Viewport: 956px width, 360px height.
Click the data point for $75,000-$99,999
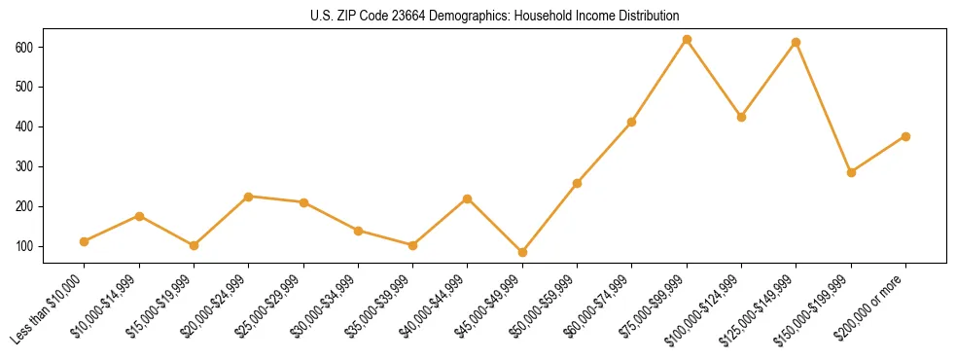pyautogui.click(x=687, y=40)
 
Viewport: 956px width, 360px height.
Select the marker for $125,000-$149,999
pyautogui.click(x=797, y=43)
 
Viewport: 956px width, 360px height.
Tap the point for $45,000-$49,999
pyautogui.click(x=522, y=252)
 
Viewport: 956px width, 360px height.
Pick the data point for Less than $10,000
pyautogui.click(x=85, y=241)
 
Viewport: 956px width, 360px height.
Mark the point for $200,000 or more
pyautogui.click(x=905, y=136)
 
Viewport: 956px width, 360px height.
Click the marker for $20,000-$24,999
pyautogui.click(x=249, y=197)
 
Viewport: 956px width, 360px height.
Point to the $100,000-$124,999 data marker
pyautogui.click(x=742, y=117)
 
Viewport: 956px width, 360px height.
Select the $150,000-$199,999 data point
pyautogui.click(x=851, y=172)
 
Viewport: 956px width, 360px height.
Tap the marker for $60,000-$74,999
pyautogui.click(x=632, y=122)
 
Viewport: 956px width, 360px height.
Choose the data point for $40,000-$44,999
pyautogui.click(x=468, y=198)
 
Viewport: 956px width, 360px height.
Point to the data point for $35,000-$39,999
pyautogui.click(x=412, y=245)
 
